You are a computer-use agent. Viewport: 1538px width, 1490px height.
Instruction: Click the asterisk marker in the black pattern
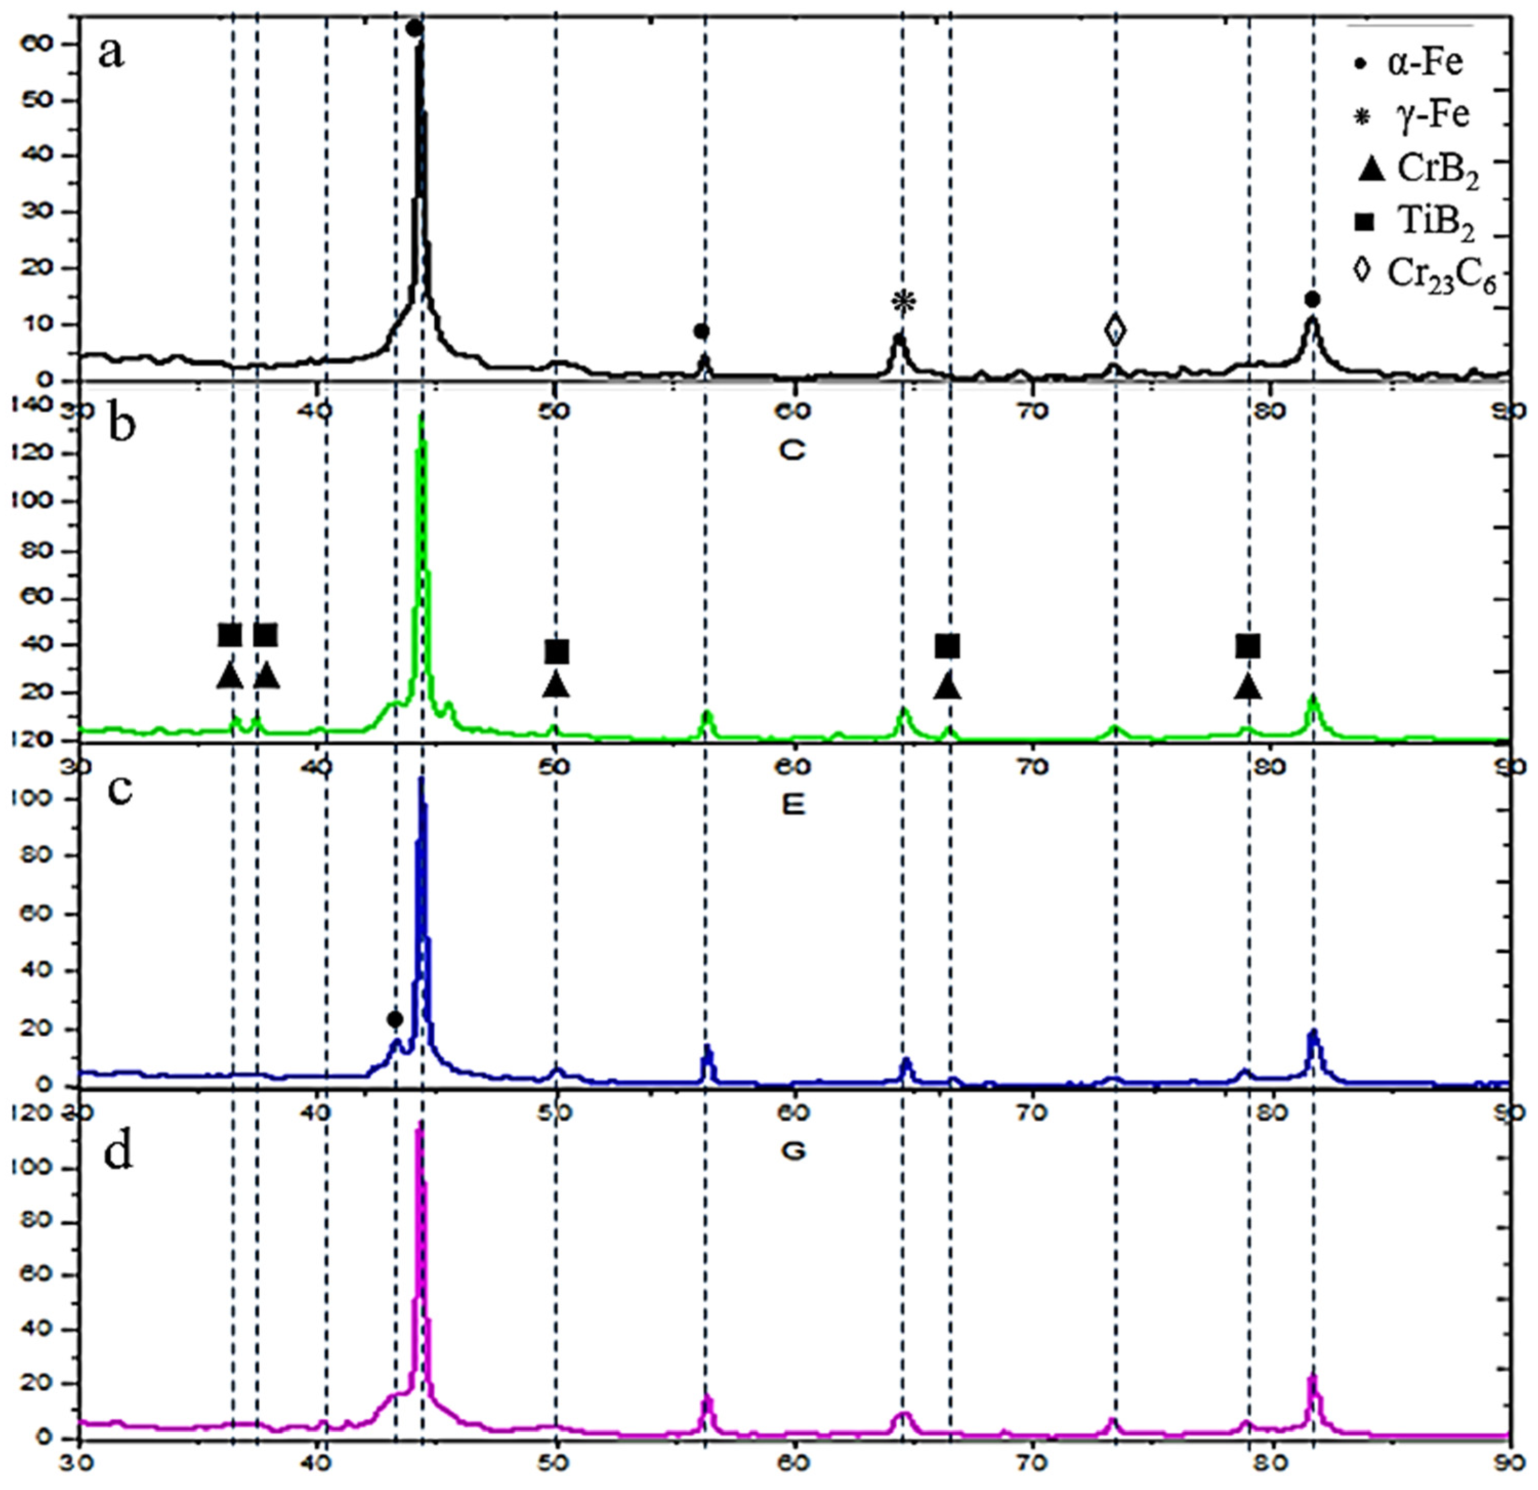click(x=903, y=302)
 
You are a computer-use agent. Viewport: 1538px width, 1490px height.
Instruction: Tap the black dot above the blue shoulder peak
click(x=395, y=1019)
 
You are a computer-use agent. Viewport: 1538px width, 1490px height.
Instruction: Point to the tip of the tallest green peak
click(x=422, y=416)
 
